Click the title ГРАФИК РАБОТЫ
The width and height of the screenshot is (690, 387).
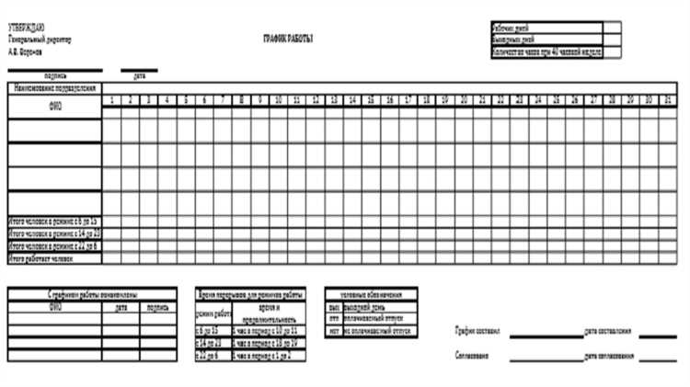pos(288,38)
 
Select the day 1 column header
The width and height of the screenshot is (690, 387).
pos(112,99)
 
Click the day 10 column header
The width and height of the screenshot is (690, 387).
pos(278,99)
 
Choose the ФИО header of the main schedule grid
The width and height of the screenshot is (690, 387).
pos(54,106)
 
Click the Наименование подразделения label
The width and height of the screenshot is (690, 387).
pos(54,87)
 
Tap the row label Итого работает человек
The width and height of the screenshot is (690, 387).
pos(41,258)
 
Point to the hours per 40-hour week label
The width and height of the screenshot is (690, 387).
pos(546,53)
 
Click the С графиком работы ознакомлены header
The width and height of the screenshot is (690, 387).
pos(93,293)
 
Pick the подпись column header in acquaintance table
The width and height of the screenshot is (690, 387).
pos(158,307)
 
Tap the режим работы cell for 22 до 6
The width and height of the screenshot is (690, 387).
pos(211,355)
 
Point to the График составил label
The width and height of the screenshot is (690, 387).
pos(477,331)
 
